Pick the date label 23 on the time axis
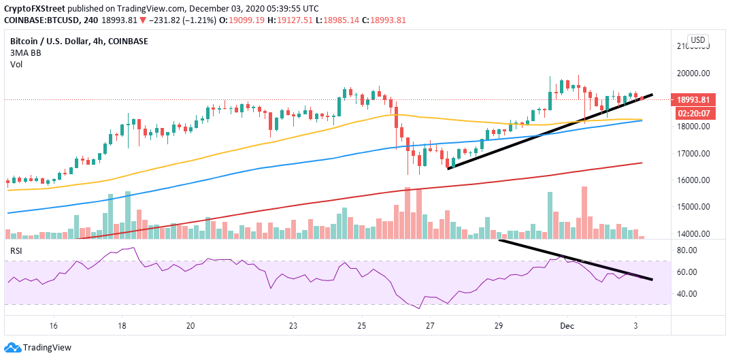point(293,326)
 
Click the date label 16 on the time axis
point(54,326)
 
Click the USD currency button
point(697,40)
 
